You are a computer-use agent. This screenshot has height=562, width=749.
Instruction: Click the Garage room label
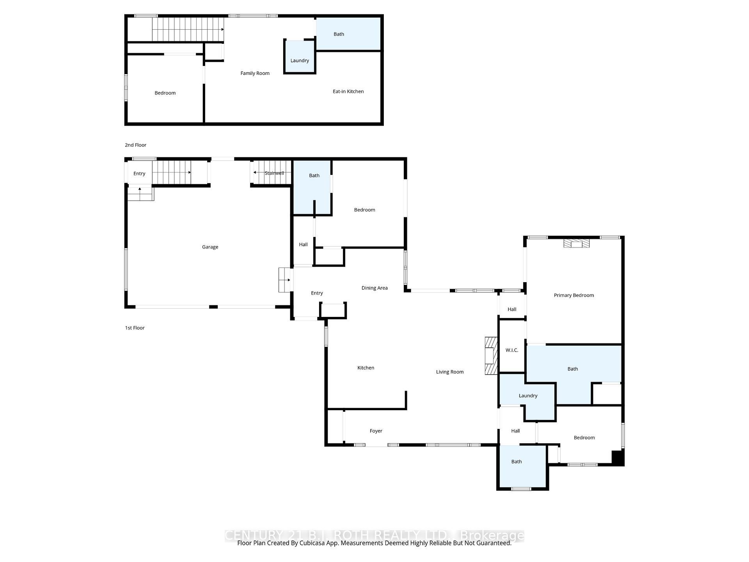coord(210,247)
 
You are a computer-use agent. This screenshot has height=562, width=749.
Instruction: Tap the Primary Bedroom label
coord(573,295)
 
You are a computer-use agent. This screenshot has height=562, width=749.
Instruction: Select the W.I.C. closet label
coord(511,350)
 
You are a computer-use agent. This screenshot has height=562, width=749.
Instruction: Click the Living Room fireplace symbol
coord(491,356)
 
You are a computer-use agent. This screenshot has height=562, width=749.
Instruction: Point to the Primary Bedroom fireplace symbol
coord(576,244)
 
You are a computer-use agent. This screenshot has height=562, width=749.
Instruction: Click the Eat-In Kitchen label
coord(348,91)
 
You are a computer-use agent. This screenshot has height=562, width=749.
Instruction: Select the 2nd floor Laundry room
coord(300,60)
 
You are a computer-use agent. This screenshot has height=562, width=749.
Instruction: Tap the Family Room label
coord(255,73)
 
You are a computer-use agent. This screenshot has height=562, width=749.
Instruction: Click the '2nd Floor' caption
coord(135,145)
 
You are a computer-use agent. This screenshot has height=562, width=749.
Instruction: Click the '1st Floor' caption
coord(135,328)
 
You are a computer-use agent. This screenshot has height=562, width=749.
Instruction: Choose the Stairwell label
coord(274,173)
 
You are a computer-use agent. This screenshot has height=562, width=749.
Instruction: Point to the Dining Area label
coord(374,288)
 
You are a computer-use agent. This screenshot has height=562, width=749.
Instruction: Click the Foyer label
coord(376,431)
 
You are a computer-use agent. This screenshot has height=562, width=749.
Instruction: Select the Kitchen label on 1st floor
coord(366,368)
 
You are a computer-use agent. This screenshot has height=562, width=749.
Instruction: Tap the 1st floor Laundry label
coord(528,396)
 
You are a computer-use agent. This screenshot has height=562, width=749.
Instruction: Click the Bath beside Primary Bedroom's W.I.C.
coord(572,369)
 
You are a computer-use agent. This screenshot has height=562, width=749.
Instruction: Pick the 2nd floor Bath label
coord(339,34)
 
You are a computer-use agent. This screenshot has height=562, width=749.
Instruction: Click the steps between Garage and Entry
coord(285,280)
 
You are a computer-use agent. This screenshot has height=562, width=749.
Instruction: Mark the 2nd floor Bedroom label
coord(165,93)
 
